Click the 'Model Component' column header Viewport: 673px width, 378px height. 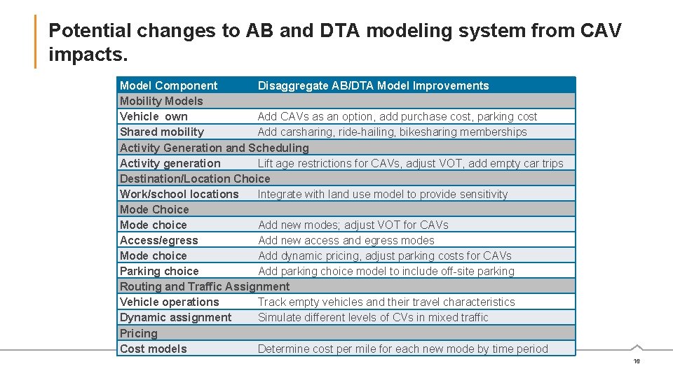pos(169,86)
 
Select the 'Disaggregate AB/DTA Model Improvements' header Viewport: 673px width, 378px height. pos(373,86)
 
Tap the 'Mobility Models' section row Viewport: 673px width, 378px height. pos(161,101)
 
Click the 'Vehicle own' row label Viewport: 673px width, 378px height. pos(154,117)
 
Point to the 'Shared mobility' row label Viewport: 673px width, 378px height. pos(162,132)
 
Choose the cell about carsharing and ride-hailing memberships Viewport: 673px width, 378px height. pos(392,132)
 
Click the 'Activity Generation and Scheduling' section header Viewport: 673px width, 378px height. pos(214,148)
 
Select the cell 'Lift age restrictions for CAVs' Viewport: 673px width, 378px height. pos(410,163)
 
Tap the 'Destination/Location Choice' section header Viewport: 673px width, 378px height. pos(195,178)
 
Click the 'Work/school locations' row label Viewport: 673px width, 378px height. pos(179,194)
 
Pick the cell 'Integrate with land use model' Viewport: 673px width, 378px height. pos(383,194)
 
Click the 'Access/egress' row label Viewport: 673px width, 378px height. pos(159,240)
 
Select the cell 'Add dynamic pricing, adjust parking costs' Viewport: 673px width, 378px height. pos(385,255)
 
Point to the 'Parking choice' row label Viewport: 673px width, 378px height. pos(159,271)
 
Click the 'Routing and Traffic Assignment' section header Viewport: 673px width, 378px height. pos(205,286)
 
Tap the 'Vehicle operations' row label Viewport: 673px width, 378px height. pos(170,302)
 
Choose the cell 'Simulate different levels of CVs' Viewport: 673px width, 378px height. pos(373,317)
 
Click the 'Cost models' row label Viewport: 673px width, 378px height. pos(154,349)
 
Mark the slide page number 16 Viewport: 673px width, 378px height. pos(637,361)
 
